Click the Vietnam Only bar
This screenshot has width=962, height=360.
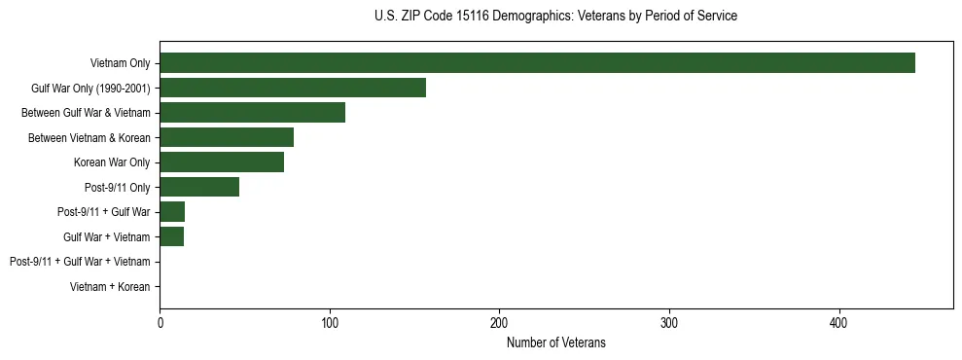click(x=537, y=63)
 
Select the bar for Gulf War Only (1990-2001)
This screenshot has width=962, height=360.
click(x=293, y=88)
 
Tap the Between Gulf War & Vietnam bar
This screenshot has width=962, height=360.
click(x=252, y=113)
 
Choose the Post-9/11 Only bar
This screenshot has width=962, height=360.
click(x=199, y=187)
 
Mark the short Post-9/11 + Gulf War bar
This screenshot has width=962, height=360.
click(x=172, y=212)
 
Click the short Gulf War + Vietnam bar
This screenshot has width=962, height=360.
click(x=172, y=236)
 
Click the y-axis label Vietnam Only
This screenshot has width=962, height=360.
click(x=120, y=63)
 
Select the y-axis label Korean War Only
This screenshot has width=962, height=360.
click(x=112, y=162)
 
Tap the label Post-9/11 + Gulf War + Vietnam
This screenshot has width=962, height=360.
click(x=80, y=262)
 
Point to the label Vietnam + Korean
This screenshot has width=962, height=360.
click(x=110, y=287)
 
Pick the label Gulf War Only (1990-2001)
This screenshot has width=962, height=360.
click(x=90, y=89)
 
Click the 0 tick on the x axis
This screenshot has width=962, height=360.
click(x=160, y=322)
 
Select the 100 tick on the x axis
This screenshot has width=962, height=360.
click(x=330, y=322)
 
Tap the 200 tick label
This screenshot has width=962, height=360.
click(x=499, y=322)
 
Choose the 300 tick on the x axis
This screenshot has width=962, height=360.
click(x=669, y=322)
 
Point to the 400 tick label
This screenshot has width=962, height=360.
click(x=838, y=322)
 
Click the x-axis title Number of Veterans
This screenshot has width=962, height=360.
click(x=556, y=342)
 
